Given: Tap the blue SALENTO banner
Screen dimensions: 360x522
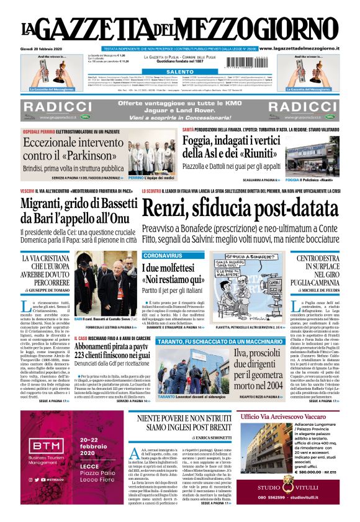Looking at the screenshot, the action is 180,72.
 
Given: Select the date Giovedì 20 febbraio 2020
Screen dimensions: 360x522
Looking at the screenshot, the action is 42,48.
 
